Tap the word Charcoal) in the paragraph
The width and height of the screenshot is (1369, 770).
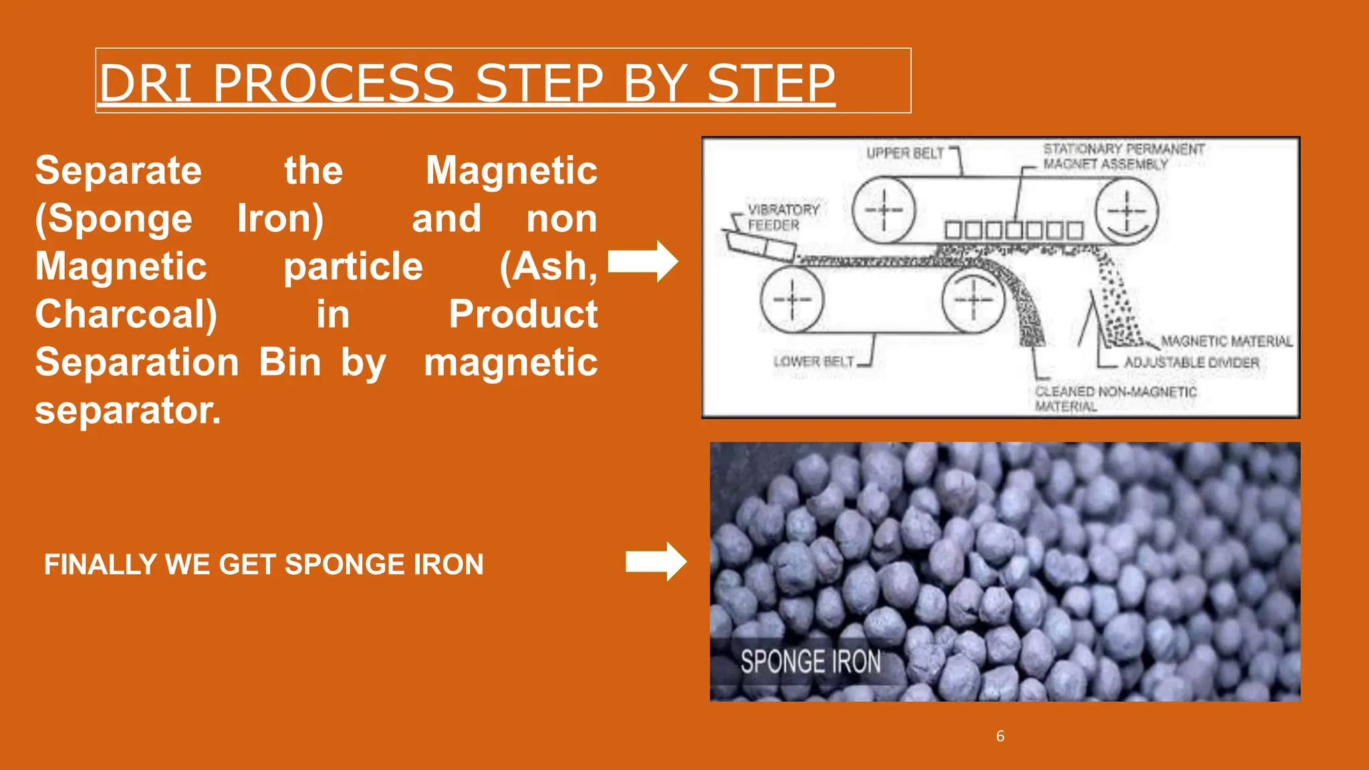pyautogui.click(x=126, y=314)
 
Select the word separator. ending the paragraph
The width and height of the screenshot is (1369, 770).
pyautogui.click(x=128, y=410)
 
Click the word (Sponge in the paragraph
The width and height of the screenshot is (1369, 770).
pyautogui.click(x=114, y=219)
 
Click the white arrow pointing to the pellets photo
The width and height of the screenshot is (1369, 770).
pyautogui.click(x=656, y=561)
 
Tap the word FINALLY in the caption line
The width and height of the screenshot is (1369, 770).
pyautogui.click(x=100, y=565)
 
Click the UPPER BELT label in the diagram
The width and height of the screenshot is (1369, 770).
pyautogui.click(x=905, y=153)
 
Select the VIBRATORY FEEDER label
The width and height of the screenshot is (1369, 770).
pyautogui.click(x=782, y=217)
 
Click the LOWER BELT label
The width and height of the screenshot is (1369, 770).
pyautogui.click(x=814, y=362)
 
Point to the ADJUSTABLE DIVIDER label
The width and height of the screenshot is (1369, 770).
pyautogui.click(x=1191, y=362)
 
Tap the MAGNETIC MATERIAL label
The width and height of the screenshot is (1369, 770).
pyautogui.click(x=1226, y=342)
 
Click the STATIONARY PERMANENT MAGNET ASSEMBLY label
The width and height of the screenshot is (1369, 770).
pyautogui.click(x=1123, y=156)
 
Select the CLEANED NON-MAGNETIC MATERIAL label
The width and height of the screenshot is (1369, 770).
pyautogui.click(x=1114, y=398)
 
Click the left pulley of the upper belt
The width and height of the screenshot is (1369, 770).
pyautogui.click(x=884, y=210)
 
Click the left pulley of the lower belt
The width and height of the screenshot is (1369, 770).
pyautogui.click(x=792, y=299)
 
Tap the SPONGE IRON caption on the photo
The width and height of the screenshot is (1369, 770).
pyautogui.click(x=810, y=662)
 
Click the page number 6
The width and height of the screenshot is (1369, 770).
pyautogui.click(x=1000, y=736)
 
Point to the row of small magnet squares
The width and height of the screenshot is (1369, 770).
pyautogui.click(x=1013, y=231)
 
